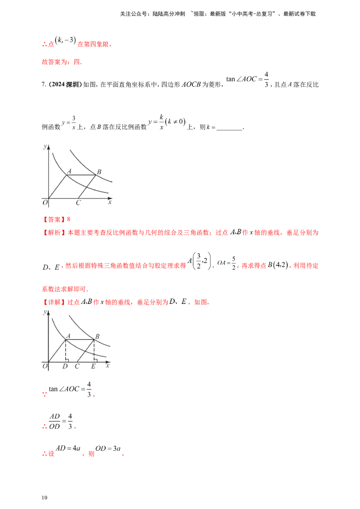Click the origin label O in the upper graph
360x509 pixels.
point(45,201)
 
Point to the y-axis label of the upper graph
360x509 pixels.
point(45,147)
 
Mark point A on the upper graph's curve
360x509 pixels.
point(67,171)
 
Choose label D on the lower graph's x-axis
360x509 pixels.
point(66,366)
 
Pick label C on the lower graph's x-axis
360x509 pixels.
point(80,366)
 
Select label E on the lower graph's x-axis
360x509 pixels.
point(94,366)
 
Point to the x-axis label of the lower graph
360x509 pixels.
point(108,366)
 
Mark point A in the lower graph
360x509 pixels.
point(66,335)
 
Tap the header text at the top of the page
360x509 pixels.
point(218,14)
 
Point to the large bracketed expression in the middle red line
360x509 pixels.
point(211,263)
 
